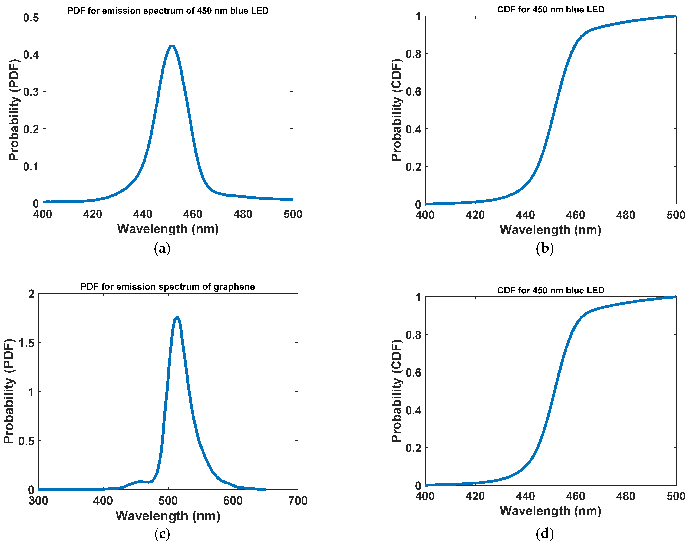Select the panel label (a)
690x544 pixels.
click(x=162, y=248)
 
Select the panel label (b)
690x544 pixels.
click(x=545, y=248)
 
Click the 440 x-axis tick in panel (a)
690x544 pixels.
click(x=143, y=214)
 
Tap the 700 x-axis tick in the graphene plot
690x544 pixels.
click(x=298, y=501)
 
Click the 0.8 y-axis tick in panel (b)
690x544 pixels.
click(x=413, y=54)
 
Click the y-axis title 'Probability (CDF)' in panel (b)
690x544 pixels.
click(x=396, y=110)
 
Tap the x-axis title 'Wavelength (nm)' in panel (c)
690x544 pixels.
click(x=168, y=516)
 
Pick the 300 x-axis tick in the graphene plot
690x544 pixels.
click(x=38, y=501)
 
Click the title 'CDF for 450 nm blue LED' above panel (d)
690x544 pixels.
click(x=550, y=290)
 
